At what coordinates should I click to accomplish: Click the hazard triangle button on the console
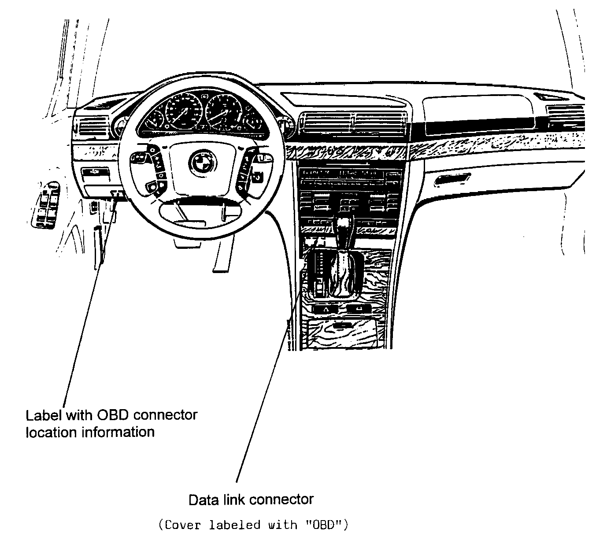[325, 309]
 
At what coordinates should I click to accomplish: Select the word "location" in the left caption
[52, 432]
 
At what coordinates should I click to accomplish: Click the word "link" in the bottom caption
[235, 500]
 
